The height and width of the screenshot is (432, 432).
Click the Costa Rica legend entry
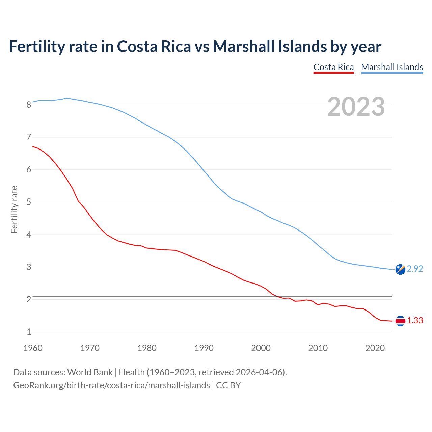pos(333,67)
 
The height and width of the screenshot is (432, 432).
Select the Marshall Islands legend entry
pos(392,67)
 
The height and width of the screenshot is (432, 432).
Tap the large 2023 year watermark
pos(356,107)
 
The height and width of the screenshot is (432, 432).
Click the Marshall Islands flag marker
pos(400,269)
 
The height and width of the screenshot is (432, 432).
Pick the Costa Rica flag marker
pos(400,321)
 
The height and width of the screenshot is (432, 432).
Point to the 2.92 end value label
pos(415,269)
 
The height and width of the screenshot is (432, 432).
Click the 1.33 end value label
pos(415,321)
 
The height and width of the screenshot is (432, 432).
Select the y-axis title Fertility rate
pos(14,209)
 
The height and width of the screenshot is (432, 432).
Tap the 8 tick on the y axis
pos(29,105)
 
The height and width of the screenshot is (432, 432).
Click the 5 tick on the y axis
pos(29,202)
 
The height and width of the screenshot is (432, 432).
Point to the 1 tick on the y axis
pos(29,332)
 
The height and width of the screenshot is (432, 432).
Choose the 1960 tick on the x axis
pos(33,348)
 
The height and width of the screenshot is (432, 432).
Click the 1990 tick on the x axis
pos(204,348)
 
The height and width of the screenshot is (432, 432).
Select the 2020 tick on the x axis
pos(375,348)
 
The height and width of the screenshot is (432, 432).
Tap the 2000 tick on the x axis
pos(261,348)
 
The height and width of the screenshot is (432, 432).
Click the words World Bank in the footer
pos(90,372)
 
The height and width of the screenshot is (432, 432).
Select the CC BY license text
pos(228,385)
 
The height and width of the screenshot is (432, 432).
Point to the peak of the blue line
pos(67,98)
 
